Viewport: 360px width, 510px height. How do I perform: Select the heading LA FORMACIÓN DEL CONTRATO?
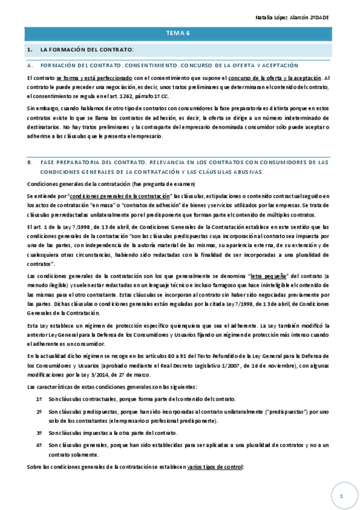pyautogui.click(x=87, y=49)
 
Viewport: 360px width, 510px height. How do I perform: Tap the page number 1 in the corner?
pyautogui.click(x=341, y=496)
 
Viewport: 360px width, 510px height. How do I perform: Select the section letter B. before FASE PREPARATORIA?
pyautogui.click(x=30, y=162)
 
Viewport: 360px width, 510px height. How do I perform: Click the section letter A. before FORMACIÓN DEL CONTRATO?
pyautogui.click(x=30, y=65)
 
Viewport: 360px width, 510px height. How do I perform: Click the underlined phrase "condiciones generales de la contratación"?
pyautogui.click(x=120, y=197)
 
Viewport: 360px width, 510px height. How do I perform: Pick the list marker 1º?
pyautogui.click(x=39, y=399)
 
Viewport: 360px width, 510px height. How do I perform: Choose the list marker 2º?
pyautogui.click(x=39, y=412)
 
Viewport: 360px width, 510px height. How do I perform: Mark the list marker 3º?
pyautogui.click(x=39, y=433)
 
